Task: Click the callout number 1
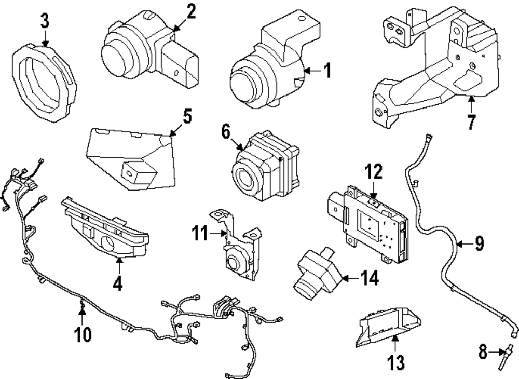pos(326,71)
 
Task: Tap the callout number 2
pos(192,11)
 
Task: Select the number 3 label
pos(45,21)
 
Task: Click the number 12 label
pos(374,171)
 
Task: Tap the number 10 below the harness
pos(83,334)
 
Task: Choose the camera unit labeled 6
pos(265,169)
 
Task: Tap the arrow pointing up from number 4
pos(119,265)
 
